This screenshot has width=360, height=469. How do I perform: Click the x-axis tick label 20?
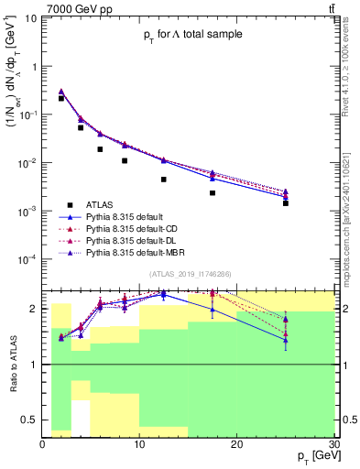click(x=237, y=444)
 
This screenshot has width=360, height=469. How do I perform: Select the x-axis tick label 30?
click(x=333, y=444)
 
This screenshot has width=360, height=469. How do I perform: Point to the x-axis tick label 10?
click(x=139, y=444)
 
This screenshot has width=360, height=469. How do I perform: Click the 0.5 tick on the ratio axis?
click(x=29, y=421)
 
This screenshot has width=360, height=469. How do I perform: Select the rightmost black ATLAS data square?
click(x=286, y=203)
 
